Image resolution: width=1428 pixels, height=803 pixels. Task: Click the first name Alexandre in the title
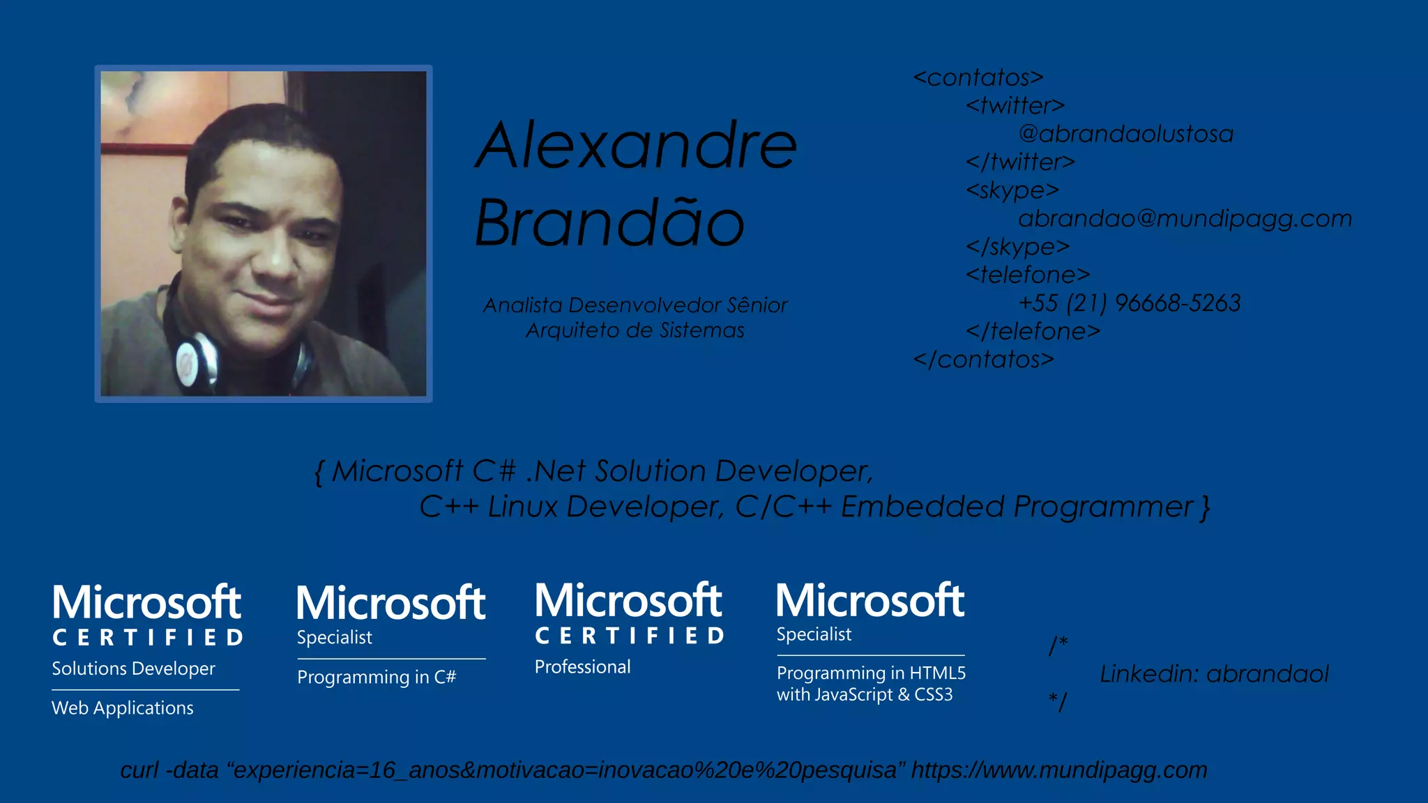coord(636,146)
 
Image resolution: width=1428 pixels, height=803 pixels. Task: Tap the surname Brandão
coord(609,223)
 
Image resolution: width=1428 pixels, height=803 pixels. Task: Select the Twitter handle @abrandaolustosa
coord(1125,134)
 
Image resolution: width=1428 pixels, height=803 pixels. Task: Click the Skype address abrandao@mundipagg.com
coord(1185,219)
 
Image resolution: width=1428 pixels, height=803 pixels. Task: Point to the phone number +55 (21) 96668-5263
coord(1129,303)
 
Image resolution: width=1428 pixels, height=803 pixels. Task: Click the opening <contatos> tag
coord(978,77)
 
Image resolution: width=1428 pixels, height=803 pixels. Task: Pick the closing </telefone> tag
coord(1033,331)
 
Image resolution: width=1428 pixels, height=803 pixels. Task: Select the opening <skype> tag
coord(1012,190)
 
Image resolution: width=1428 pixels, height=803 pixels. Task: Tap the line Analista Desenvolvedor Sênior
coord(635,305)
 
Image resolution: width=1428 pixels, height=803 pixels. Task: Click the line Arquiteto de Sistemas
coord(635,330)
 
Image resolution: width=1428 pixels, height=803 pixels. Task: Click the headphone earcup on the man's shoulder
coord(196,360)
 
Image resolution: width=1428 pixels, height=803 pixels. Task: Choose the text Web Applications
coord(123,708)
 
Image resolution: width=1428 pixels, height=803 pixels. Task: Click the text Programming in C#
coord(377,678)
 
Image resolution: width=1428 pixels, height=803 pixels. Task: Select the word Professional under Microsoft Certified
coord(582,667)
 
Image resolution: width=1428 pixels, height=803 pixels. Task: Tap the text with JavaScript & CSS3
coord(864,695)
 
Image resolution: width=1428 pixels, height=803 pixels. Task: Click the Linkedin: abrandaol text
coord(1214,674)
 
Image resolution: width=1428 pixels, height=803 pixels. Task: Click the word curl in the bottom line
coord(139,770)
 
